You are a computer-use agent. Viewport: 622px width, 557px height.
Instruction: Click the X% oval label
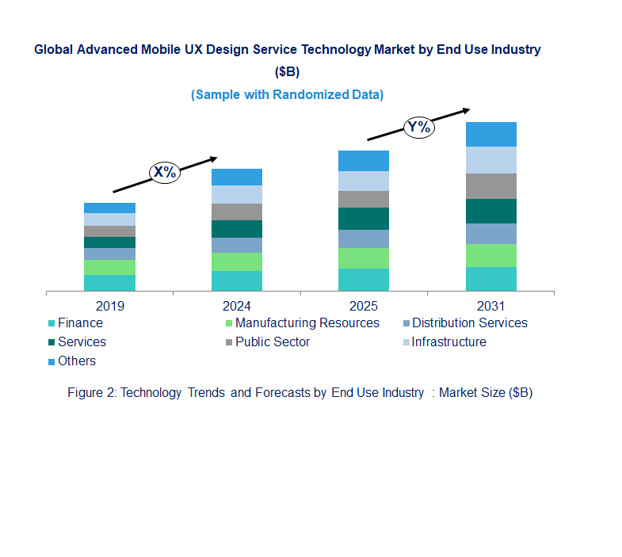pos(165,172)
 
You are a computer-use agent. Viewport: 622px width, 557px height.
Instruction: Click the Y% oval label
pos(419,128)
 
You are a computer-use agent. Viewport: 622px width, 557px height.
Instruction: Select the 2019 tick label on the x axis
pos(109,306)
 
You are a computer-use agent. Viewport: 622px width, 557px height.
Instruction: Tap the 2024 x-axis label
pos(237,306)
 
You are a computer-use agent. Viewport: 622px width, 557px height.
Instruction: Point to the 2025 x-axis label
pos(364,306)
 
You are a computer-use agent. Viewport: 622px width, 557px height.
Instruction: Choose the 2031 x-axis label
pos(491,306)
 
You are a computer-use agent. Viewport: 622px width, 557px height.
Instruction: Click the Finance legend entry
pos(79,323)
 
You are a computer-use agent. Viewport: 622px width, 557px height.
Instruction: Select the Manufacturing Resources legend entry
pos(307,323)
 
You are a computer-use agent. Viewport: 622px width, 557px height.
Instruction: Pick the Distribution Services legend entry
pos(469,323)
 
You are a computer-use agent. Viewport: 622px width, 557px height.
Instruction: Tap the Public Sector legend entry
pos(272,342)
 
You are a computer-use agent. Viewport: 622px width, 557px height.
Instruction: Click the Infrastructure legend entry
pos(448,342)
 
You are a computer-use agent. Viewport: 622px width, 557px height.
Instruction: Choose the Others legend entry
pos(76,361)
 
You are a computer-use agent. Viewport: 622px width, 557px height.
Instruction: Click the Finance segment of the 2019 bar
pos(109,283)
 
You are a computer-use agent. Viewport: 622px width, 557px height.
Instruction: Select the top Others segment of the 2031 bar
pos(491,134)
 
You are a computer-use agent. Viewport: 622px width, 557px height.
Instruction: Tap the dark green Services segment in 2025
pos(364,219)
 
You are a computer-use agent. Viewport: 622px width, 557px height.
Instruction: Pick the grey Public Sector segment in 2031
pos(491,186)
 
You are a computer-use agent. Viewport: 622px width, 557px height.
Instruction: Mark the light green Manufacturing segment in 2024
pos(237,261)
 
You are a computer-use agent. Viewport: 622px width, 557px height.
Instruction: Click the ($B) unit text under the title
pos(287,72)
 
